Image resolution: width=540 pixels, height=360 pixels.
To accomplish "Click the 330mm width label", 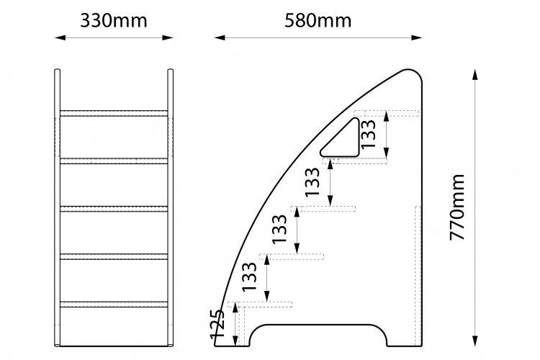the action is point(114,21).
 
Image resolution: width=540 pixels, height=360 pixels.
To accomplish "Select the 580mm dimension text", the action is point(318,21).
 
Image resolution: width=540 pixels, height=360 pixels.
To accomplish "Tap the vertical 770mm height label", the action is point(458,207).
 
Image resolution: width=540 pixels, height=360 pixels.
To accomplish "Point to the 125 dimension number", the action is point(217,324).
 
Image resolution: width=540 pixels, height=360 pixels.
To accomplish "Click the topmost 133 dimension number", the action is point(368,134).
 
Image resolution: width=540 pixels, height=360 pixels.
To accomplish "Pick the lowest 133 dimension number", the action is point(249,277).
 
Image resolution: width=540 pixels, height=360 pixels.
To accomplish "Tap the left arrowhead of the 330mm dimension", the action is point(60,37).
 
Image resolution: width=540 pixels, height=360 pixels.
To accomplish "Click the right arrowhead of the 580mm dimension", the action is point(417,37).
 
